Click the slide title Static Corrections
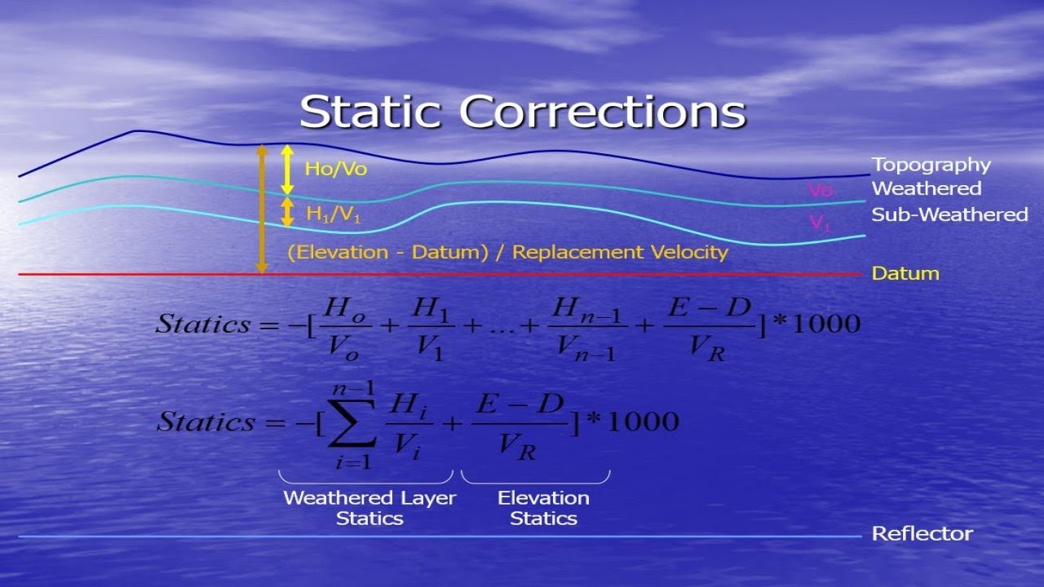pos(522,112)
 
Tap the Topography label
pos(931,165)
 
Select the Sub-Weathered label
pos(949,214)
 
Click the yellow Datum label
pos(905,273)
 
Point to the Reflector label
pos(922,534)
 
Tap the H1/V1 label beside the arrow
pos(333,214)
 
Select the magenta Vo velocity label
pos(821,190)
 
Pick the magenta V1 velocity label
pos(820,223)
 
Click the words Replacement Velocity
pos(620,252)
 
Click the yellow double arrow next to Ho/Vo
pos(286,169)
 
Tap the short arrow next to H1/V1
pos(287,212)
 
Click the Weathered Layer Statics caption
pos(369,508)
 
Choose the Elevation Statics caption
pos(543,508)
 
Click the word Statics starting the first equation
pos(203,324)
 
